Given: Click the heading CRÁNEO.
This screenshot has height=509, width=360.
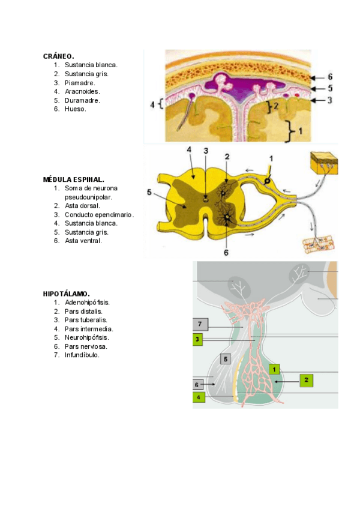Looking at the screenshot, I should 58,56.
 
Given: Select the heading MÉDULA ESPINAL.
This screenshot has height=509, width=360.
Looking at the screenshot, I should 74,179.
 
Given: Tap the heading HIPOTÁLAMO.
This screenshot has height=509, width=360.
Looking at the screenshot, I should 66,294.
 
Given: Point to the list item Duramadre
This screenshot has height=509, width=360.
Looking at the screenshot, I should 83,100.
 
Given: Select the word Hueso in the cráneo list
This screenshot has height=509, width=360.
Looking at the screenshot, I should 76,109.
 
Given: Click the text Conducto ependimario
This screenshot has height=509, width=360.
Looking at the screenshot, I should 99,214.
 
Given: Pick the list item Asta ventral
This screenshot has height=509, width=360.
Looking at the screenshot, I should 83,241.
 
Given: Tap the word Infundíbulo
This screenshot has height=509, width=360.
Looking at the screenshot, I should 82,355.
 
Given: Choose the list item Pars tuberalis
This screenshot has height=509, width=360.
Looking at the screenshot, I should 86,320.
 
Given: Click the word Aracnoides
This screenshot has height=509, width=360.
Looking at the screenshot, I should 83,92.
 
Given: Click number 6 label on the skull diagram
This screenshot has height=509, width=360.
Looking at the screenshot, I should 329,77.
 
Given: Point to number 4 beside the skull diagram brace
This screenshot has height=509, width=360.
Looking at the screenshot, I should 152,105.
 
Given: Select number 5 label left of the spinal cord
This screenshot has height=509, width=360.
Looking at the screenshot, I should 149,193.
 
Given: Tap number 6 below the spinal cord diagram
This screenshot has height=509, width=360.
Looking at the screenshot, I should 226,253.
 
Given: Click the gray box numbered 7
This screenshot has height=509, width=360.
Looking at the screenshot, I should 200,325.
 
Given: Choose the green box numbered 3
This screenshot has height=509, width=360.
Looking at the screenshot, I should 197,340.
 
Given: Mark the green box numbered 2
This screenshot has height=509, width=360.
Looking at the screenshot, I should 306,380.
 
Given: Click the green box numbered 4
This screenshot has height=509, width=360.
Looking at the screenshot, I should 198,397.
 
